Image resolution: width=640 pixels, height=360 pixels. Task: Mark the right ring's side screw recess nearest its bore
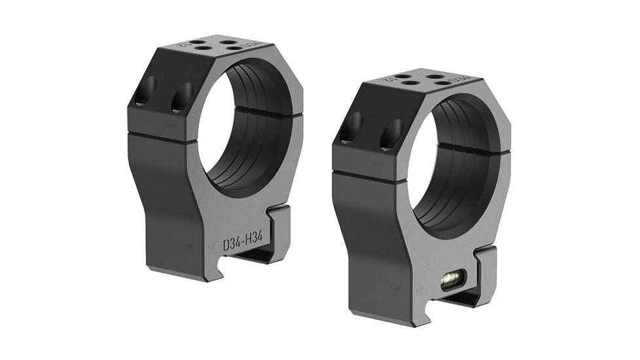(x=391, y=133)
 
